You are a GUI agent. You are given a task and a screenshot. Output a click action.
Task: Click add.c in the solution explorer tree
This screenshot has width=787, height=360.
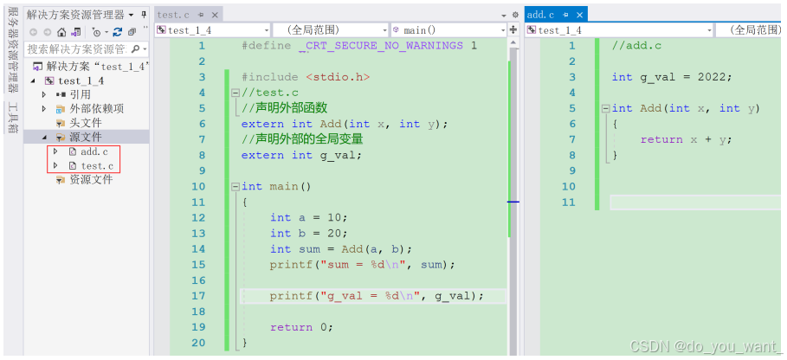94,151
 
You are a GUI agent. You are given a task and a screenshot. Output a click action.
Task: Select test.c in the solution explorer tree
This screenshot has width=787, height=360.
96,165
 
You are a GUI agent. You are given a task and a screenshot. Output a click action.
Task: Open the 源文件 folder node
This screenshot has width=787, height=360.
85,138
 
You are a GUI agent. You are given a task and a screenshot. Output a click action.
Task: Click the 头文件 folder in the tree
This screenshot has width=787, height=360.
85,123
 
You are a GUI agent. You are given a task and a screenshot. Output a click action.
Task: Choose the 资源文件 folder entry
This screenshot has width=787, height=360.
90,179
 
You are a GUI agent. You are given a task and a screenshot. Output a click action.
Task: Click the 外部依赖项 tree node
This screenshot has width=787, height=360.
96,108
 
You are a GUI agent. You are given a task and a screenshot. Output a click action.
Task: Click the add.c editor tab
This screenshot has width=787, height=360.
540,15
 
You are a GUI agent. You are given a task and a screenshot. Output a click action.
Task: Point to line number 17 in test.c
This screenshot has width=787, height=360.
198,296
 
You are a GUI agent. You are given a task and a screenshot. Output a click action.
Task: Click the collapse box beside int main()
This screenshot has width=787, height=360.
235,187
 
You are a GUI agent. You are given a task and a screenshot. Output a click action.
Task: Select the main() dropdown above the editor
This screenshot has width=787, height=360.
448,30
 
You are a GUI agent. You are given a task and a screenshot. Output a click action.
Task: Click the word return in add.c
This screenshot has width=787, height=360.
661,139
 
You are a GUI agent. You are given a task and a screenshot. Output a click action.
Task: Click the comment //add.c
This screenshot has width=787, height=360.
636,46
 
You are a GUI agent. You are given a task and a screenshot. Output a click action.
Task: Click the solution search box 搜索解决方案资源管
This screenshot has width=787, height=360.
76,48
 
